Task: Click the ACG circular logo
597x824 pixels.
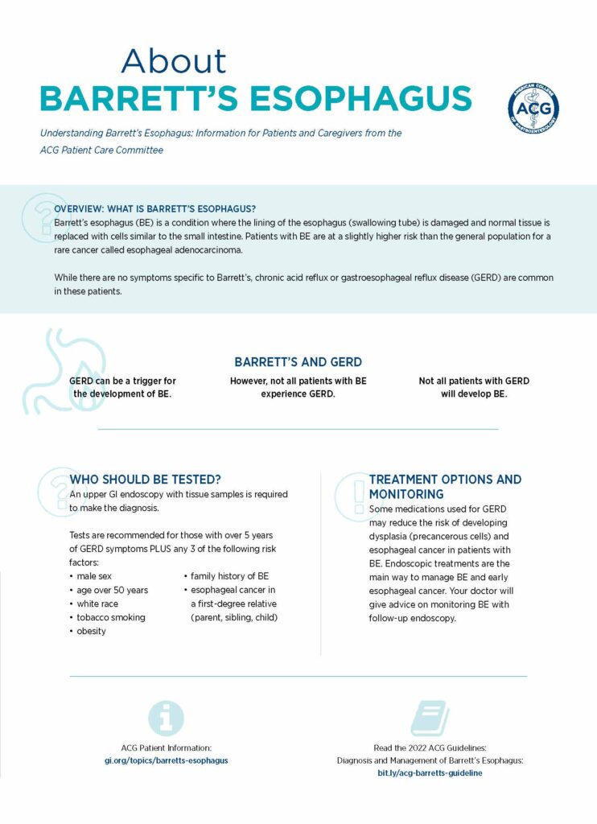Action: point(533,109)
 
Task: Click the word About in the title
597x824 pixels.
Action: point(174,62)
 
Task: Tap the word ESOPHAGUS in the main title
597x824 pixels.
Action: point(360,99)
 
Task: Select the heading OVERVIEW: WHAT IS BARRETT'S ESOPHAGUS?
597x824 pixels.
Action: point(154,208)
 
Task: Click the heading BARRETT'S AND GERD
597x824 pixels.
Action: point(298,362)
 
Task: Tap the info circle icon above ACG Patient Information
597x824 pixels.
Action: point(167,718)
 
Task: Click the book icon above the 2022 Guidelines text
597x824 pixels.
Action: point(430,718)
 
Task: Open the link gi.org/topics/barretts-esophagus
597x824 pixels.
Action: point(167,760)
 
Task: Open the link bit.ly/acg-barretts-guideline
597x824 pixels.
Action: point(430,772)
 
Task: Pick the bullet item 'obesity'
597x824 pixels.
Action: point(92,631)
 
